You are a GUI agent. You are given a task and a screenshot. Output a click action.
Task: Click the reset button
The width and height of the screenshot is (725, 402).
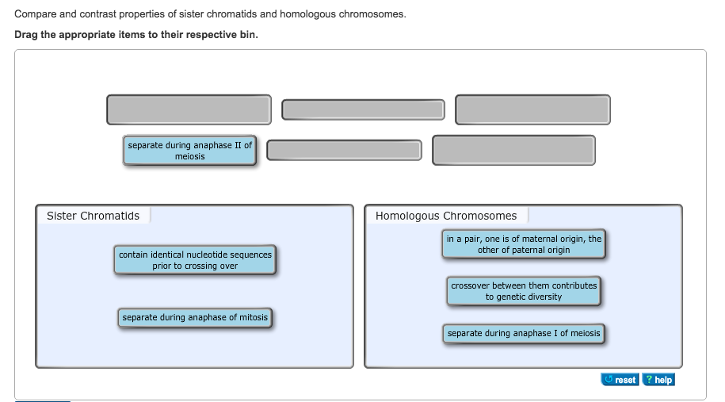click(x=620, y=380)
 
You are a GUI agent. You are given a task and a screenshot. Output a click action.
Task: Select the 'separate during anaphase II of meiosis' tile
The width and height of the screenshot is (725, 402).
click(x=190, y=151)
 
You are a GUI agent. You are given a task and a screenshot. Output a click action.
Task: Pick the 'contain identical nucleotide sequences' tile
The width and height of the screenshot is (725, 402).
click(x=195, y=260)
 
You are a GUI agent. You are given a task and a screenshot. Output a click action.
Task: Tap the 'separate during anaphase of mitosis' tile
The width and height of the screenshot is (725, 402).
click(x=195, y=318)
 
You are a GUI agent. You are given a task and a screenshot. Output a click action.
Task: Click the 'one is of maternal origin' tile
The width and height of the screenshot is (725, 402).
click(x=524, y=244)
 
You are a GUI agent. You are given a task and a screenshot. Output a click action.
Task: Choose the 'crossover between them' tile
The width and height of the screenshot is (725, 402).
click(x=524, y=291)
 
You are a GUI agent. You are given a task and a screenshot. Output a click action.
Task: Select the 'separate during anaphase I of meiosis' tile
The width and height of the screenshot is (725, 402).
click(x=524, y=334)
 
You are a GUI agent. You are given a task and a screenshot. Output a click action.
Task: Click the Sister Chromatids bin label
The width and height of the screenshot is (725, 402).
click(x=93, y=216)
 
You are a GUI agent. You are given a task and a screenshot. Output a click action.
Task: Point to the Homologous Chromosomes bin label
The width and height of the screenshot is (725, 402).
click(x=446, y=216)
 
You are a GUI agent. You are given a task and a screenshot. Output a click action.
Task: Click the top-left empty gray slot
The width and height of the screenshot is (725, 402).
click(x=189, y=109)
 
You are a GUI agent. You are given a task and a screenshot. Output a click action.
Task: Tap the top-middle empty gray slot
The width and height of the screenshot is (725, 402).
click(x=364, y=110)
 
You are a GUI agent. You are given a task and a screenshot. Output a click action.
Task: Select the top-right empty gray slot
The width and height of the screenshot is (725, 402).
click(x=532, y=109)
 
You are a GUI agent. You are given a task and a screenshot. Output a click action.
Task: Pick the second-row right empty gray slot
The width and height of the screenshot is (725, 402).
click(x=513, y=150)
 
